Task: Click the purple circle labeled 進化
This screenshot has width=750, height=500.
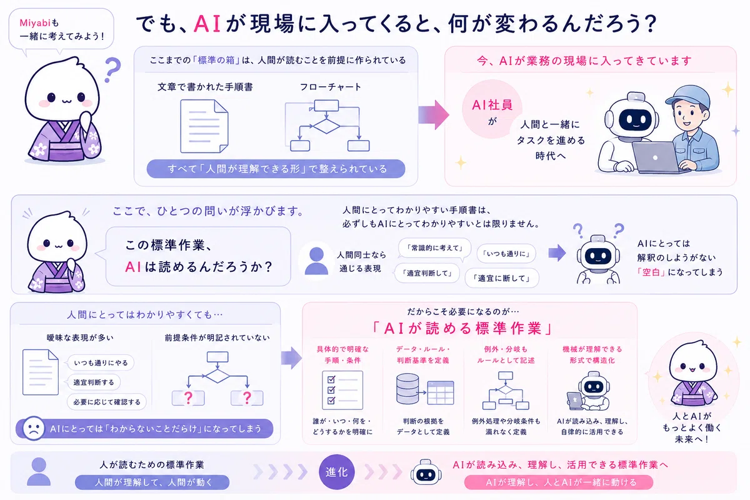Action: coord(336,472)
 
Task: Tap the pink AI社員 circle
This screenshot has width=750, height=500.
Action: coord(492,109)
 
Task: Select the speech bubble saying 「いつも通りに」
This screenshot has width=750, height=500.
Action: coord(506,254)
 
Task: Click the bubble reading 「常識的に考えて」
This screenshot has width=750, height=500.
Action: coord(434,248)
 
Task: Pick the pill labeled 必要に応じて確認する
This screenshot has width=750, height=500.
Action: coord(107,402)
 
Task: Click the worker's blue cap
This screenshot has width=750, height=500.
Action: coord(687,97)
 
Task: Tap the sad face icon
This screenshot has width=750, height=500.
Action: coord(34,428)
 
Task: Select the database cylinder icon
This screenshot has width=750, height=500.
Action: coord(407,389)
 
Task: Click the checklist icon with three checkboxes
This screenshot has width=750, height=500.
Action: coord(342,390)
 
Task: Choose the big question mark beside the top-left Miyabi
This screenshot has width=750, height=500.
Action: coord(112,69)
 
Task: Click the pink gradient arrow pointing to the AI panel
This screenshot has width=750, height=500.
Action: coord(434,114)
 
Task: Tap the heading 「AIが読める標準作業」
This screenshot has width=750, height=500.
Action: coord(463,329)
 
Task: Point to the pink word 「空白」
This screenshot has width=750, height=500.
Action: coord(651,272)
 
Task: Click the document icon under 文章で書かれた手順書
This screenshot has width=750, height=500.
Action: coord(204,126)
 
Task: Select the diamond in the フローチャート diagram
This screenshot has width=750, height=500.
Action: coord(326,126)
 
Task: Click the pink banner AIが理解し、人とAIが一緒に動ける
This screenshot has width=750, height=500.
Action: coord(559,482)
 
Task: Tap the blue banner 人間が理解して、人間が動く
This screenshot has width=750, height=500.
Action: coord(152,482)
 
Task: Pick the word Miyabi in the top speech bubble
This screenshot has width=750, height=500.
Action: coord(35,22)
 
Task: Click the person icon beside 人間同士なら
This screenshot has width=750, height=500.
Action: coord(316,261)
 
